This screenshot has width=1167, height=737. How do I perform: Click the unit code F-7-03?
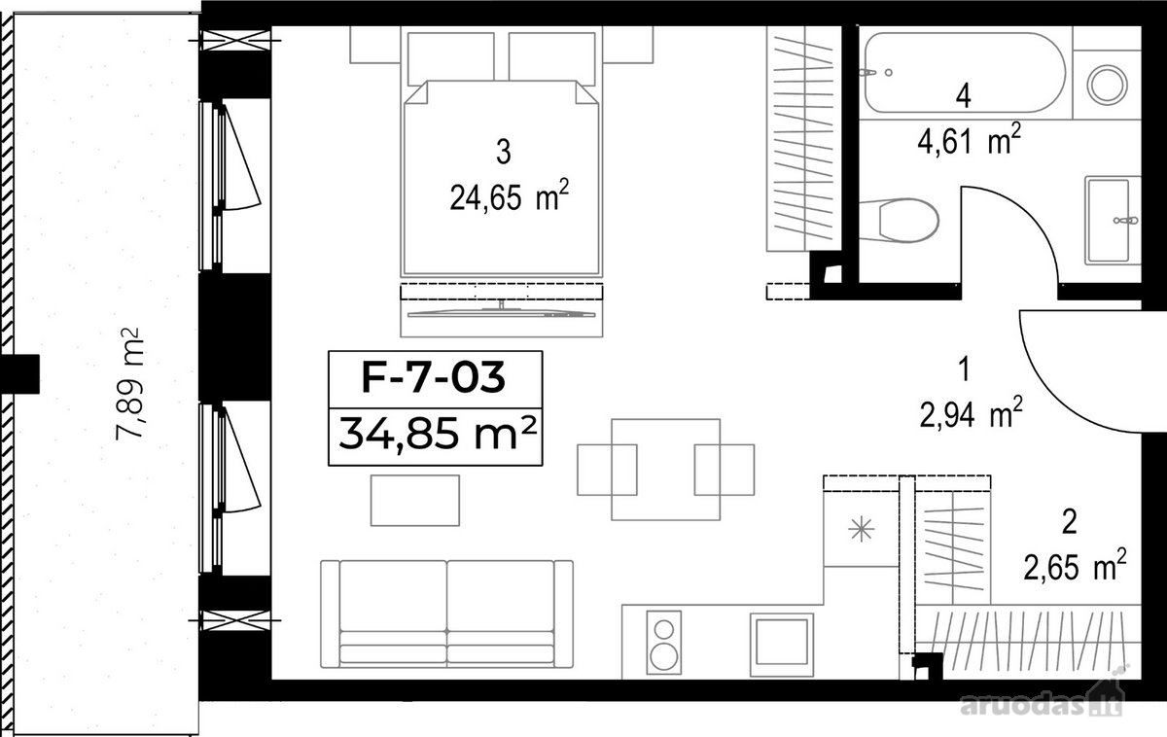tap(434, 377)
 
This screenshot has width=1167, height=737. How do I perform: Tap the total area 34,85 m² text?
tap(437, 435)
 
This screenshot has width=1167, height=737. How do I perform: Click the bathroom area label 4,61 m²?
tap(969, 139)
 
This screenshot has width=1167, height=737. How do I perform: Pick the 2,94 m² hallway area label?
tap(972, 412)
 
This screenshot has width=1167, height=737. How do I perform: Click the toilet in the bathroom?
tap(900, 221)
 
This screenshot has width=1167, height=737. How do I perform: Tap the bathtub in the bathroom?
tap(964, 72)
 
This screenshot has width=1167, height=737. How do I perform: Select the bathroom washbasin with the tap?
tap(1113, 221)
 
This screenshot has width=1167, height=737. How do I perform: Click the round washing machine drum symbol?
tap(1107, 84)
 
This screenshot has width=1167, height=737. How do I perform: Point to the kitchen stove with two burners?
tap(663, 643)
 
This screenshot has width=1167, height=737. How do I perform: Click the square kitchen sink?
tap(782, 645)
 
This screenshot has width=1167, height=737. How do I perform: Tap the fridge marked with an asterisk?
tap(862, 530)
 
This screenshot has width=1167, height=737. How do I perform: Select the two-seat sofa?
tap(446, 614)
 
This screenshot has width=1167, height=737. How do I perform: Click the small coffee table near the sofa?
tap(415, 500)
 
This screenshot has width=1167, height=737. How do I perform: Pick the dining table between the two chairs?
tap(666, 470)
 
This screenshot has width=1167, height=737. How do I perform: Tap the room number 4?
tap(964, 96)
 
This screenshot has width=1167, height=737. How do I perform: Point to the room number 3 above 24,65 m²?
tap(504, 152)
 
